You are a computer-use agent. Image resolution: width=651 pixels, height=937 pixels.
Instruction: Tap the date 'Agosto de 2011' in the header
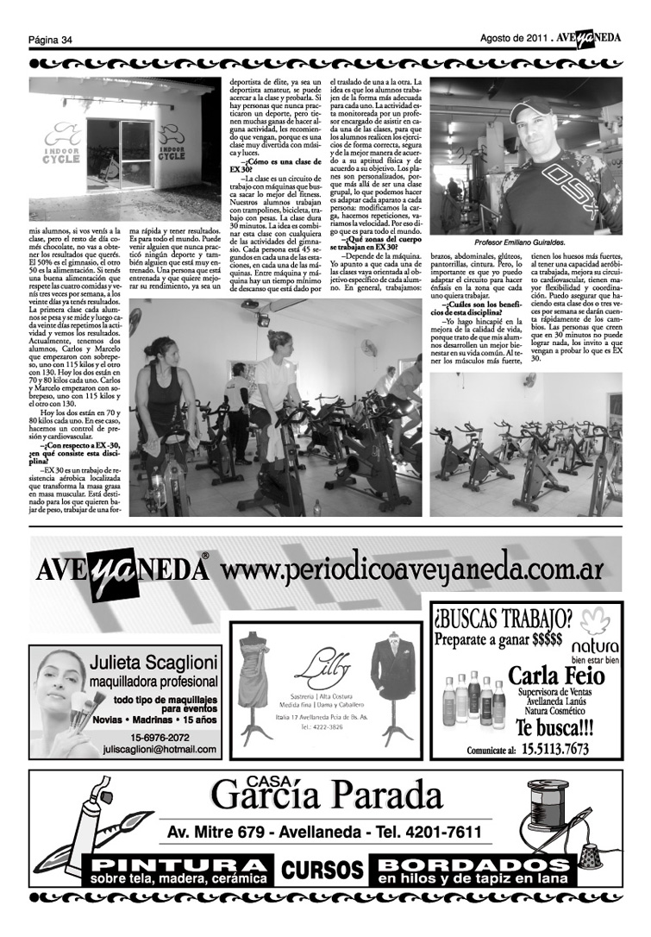(515, 38)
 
